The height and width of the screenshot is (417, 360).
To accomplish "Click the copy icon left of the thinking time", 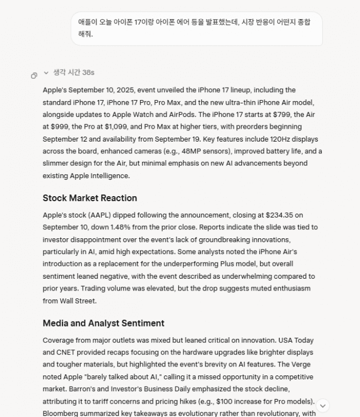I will tap(34, 75).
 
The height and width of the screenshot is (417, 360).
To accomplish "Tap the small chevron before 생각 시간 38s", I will tap(46, 72).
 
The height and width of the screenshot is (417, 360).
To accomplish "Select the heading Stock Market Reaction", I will tap(89, 198).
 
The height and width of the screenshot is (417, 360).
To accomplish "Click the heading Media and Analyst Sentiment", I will tap(103, 323).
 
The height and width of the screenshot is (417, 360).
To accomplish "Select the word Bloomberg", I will tap(61, 413).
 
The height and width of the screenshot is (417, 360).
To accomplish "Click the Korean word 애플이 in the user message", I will tap(88, 22).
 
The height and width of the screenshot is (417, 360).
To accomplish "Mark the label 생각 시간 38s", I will tap(74, 72).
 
